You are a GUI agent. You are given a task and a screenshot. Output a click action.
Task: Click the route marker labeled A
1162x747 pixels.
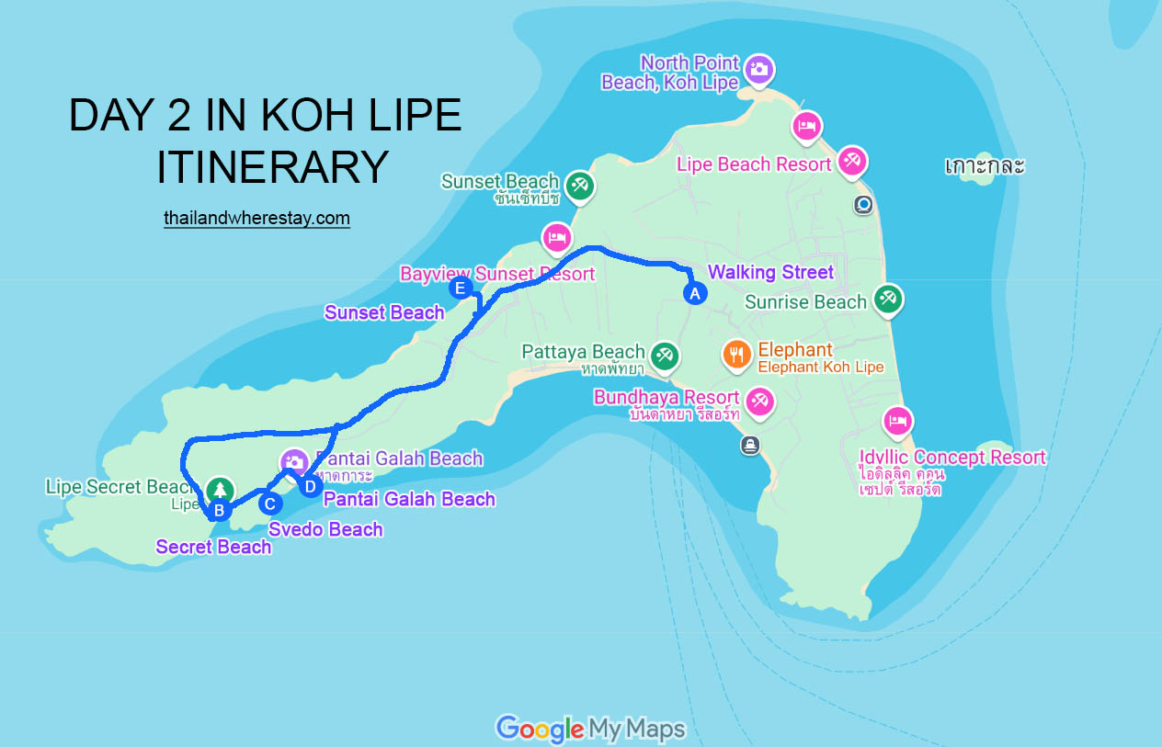point(695,293)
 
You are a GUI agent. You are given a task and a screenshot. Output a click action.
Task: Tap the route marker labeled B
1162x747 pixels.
point(219,510)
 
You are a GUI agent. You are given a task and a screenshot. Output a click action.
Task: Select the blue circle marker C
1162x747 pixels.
point(269,503)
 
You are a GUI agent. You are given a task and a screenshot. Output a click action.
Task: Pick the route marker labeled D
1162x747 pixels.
point(310,485)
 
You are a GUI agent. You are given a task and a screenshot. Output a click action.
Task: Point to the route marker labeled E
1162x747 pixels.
point(461,289)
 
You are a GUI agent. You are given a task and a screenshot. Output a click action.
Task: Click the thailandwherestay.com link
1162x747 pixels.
point(256,218)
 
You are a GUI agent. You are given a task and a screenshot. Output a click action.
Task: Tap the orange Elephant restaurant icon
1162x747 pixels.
point(735,354)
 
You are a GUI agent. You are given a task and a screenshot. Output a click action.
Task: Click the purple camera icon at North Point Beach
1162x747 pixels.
point(758,68)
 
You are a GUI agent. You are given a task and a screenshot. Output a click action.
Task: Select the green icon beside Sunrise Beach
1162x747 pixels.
point(887,298)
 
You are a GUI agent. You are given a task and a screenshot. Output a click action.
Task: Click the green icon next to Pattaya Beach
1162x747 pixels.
point(664,354)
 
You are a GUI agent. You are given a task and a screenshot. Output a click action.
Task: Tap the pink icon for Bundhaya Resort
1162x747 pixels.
point(759,400)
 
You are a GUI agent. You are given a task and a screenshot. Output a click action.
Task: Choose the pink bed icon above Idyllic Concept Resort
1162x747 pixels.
point(897,422)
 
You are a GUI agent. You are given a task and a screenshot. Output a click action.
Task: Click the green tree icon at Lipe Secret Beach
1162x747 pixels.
point(219,488)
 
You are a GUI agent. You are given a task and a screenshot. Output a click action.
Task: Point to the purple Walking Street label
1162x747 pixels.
point(770,272)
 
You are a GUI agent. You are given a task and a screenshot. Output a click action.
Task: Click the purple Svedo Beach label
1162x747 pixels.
point(325,529)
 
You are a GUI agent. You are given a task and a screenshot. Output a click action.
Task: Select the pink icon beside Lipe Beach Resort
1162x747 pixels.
point(851,161)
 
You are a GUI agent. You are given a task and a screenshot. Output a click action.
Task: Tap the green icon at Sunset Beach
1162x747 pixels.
point(579,185)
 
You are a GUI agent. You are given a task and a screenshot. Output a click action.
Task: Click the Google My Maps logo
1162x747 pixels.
point(590,729)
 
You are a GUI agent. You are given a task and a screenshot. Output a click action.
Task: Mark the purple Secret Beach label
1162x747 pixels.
point(213,547)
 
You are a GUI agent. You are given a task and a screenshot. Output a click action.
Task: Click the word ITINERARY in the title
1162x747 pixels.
point(272,167)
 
